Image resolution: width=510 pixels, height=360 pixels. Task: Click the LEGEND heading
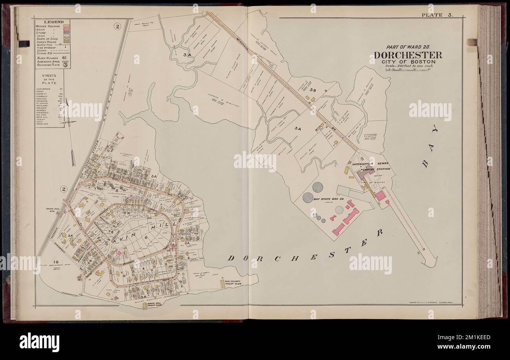pyautogui.click(x=50, y=22)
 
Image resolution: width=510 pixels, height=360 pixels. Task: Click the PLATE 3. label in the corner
pyautogui.click(x=437, y=15)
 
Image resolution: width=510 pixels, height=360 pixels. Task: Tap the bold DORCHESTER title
pyautogui.click(x=405, y=55)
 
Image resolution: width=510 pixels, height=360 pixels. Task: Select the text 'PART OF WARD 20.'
pyautogui.click(x=405, y=46)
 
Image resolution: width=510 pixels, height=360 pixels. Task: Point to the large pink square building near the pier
pyautogui.click(x=380, y=196)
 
